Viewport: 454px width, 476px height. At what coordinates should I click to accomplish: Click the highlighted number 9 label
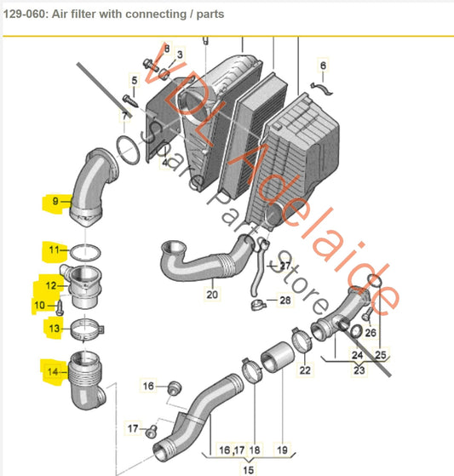[x=55, y=203]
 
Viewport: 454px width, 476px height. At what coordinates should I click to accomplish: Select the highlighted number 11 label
[x=55, y=250]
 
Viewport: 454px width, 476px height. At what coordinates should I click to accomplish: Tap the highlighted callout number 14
[x=55, y=370]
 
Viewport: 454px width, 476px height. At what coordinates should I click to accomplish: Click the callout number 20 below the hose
[x=211, y=295]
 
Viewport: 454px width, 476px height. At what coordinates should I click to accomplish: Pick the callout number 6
[x=323, y=65]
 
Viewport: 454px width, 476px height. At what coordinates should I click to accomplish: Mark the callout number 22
[x=305, y=370]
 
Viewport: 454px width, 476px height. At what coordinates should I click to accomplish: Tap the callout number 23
[x=358, y=370]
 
